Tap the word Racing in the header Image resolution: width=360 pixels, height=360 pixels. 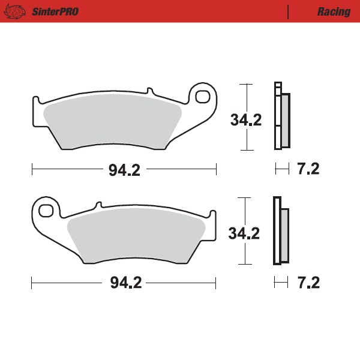click(x=334, y=11)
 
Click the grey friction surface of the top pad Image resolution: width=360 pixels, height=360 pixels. click(x=114, y=123)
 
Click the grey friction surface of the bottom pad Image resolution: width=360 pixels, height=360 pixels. click(x=138, y=237)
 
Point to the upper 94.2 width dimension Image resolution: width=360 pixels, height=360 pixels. click(x=124, y=170)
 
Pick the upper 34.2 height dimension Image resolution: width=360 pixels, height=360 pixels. click(x=245, y=119)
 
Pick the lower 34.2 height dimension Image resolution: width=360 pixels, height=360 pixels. click(x=244, y=233)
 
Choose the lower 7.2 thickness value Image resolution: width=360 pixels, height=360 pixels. click(x=308, y=282)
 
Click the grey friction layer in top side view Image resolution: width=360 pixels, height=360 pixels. click(x=285, y=120)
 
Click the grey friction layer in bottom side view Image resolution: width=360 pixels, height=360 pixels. click(x=284, y=235)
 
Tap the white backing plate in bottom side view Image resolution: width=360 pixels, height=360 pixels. click(x=277, y=231)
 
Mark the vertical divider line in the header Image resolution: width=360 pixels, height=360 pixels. click(x=289, y=11)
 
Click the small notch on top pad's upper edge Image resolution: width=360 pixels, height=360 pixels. click(x=151, y=91)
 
